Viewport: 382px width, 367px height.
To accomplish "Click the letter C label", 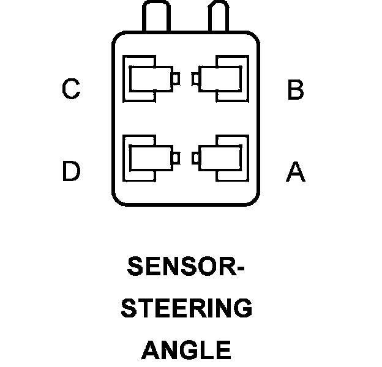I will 71,90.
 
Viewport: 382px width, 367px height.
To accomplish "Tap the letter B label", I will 295,90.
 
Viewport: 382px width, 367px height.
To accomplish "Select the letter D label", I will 71,171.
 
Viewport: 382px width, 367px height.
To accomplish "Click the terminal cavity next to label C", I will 149,79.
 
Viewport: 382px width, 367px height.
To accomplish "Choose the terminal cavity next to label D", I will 149,158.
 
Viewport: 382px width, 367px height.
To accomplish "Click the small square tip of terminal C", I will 176,79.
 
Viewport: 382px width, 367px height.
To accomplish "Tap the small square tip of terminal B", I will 195,79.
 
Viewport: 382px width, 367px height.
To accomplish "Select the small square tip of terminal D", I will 176,158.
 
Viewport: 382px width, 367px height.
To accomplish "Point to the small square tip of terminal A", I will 195,158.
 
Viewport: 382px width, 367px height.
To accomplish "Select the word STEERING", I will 187,308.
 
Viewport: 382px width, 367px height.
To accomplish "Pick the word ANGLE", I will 186,350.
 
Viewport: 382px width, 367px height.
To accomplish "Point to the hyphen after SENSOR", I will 239,268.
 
